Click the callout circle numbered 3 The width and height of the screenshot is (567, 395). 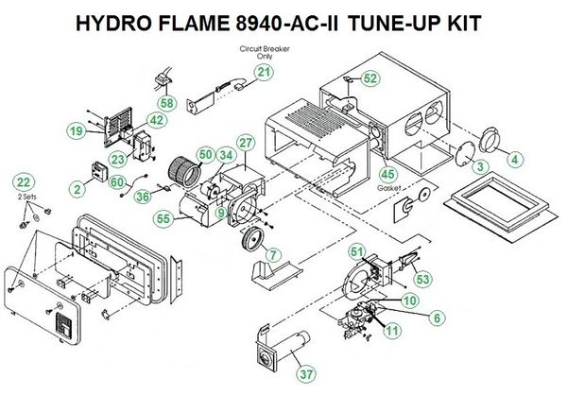pyautogui.click(x=481, y=166)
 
